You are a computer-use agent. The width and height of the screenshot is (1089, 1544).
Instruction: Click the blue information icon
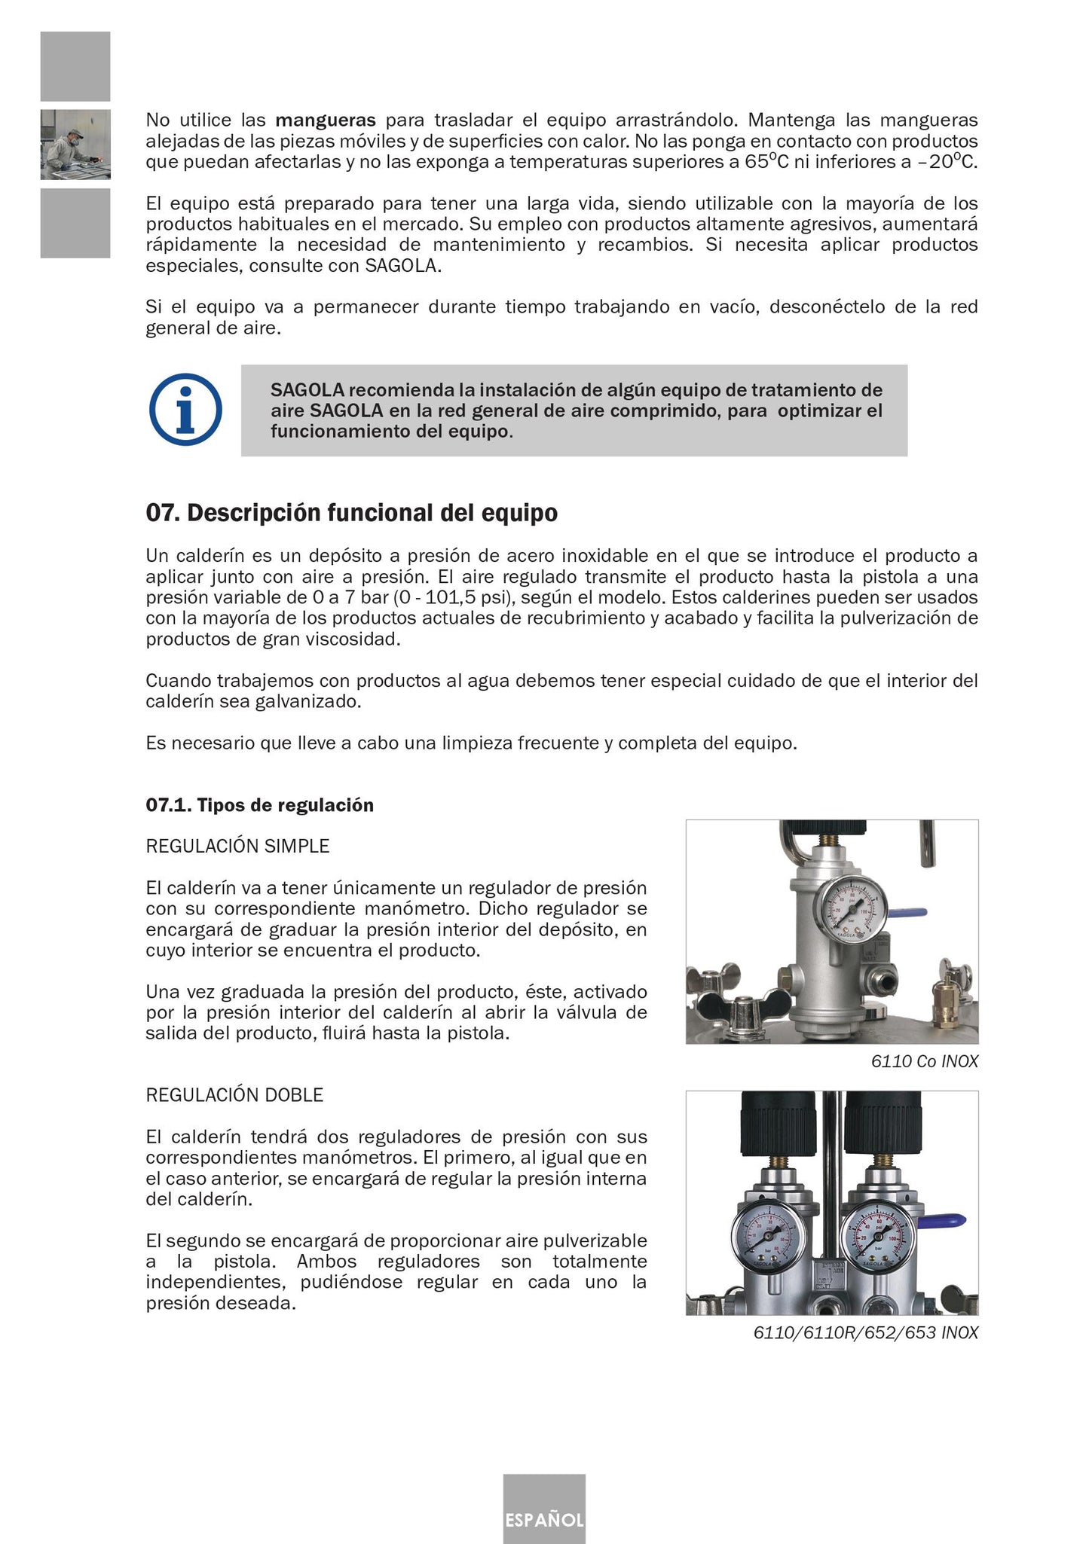[x=185, y=410]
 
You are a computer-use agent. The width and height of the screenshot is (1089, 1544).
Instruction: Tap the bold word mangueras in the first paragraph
[x=326, y=120]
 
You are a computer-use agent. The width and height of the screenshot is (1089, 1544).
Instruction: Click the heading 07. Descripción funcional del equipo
[x=351, y=513]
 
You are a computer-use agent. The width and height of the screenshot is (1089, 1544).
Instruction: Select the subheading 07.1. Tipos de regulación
[x=259, y=805]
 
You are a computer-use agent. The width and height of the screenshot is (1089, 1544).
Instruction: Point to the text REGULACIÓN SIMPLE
[x=237, y=846]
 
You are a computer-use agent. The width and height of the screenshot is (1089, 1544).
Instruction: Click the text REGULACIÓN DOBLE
[x=234, y=1095]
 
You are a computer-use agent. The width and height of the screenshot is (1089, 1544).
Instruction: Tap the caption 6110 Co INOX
[x=924, y=1062]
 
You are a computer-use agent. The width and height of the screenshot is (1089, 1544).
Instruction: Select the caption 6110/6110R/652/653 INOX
[x=865, y=1333]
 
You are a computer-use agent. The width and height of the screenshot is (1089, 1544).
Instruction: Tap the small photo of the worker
[x=75, y=144]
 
